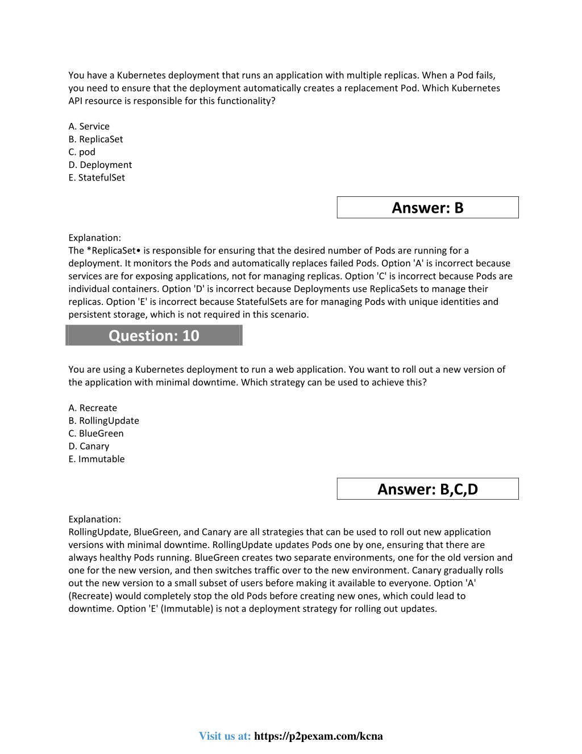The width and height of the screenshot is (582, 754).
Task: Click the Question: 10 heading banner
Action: (154, 336)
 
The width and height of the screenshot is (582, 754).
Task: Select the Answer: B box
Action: (427, 208)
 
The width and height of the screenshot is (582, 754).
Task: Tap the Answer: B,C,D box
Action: (427, 489)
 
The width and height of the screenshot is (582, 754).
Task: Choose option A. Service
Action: (89, 126)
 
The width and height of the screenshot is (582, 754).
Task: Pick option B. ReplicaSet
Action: (95, 139)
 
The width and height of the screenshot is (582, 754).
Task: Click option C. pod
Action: (82, 152)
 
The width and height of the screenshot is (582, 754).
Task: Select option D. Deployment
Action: (100, 165)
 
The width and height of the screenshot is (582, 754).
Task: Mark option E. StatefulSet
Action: (97, 178)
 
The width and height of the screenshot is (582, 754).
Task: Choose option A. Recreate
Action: (93, 408)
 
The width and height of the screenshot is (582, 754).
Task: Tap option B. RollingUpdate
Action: (103, 421)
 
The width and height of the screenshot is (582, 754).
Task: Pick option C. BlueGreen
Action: (96, 434)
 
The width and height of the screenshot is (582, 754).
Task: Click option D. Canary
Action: (89, 446)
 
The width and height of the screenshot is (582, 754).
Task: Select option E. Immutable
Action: (97, 459)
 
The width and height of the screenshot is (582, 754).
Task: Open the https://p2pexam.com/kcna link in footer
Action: (318, 736)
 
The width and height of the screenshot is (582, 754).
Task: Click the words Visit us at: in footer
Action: (225, 736)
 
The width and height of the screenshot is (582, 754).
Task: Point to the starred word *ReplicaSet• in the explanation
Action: (113, 250)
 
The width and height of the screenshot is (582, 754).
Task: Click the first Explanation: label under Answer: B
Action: (94, 238)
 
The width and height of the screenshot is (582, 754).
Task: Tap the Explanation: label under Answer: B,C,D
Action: (94, 519)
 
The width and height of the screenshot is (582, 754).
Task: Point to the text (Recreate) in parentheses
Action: (90, 596)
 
